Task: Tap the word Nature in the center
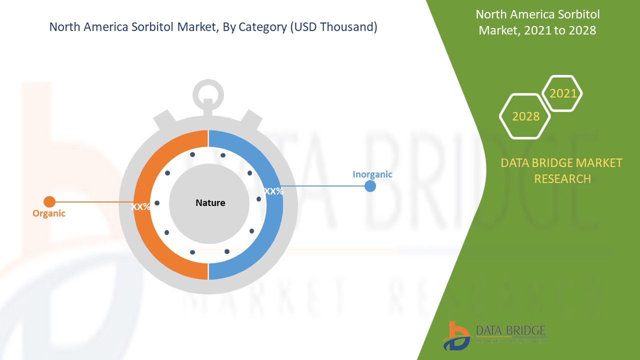210,202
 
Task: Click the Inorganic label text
372,174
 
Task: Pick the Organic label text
49,213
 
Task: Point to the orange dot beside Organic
49,201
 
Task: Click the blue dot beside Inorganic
370,186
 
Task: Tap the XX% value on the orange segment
140,206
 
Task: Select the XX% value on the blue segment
273,191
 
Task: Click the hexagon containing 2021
563,93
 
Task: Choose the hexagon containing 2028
525,116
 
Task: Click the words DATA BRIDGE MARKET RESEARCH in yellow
561,170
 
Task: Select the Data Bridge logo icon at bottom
456,335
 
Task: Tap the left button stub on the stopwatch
164,120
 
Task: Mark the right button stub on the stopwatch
251,120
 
